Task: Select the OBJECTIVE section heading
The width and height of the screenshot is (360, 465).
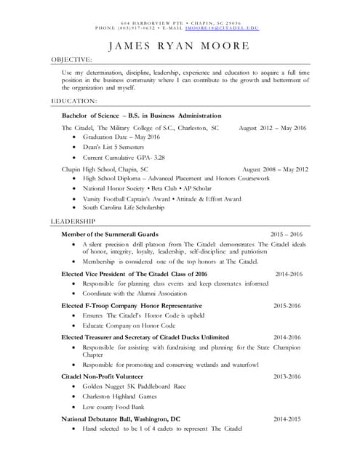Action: click(71, 60)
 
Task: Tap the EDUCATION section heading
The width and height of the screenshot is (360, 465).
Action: click(73, 100)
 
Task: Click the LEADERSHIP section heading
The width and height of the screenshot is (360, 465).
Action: click(73, 220)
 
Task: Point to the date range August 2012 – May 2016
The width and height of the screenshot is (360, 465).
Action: click(273, 128)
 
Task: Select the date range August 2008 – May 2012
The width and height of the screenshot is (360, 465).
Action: click(275, 169)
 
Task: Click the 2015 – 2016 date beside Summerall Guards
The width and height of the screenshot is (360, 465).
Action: click(286, 235)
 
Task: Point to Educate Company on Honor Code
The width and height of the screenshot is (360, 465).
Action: click(129, 326)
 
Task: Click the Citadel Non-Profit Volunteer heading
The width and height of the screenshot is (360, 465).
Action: click(103, 376)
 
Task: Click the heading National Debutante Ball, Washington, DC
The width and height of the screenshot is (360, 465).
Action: click(121, 419)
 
